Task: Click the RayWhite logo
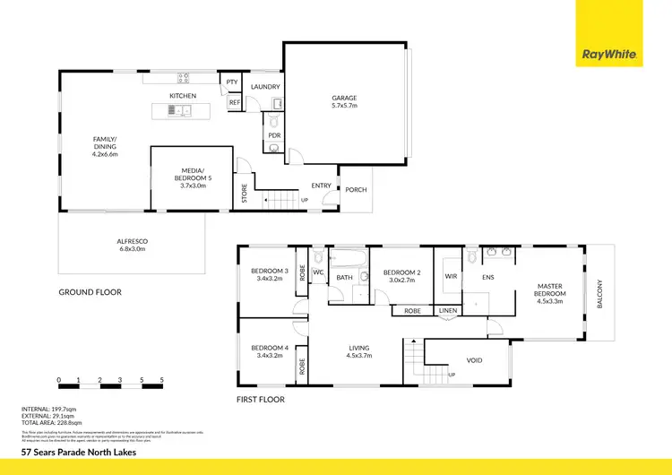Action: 609,55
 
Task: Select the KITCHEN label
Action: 183,96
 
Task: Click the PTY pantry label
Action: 232,82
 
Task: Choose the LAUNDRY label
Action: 266,87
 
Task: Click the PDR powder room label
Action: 274,135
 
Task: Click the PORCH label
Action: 356,190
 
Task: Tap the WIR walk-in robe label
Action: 452,277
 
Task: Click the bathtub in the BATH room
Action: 347,261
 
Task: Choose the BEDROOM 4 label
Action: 268,351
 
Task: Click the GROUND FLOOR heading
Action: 90,292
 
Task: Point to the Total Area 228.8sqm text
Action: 48,423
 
